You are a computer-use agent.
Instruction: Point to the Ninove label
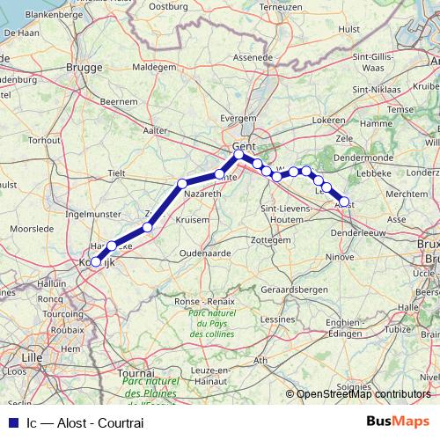click(341, 257)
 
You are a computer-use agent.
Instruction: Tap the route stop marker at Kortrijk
click(95, 260)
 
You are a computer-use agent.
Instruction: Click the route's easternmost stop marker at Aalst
click(345, 202)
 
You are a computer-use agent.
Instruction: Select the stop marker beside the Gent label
click(238, 155)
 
